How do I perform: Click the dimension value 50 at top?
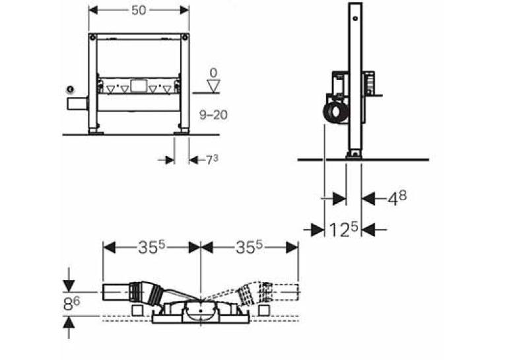(139, 11)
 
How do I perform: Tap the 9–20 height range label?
(213, 115)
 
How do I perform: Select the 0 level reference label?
(213, 73)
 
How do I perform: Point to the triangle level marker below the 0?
(213, 86)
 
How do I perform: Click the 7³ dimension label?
(212, 160)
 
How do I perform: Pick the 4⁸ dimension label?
(397, 198)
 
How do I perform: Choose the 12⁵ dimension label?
(343, 229)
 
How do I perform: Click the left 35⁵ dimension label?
(151, 248)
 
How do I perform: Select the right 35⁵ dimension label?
(250, 248)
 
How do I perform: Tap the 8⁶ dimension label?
(71, 303)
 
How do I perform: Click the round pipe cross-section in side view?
(336, 112)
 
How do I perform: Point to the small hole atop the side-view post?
(355, 18)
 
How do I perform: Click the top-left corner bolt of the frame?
(93, 38)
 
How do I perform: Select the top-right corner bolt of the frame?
(185, 38)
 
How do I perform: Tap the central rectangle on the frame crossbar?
(139, 86)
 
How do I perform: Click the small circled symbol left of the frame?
(70, 89)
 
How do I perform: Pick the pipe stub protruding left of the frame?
(78, 104)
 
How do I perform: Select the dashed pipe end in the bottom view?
(285, 292)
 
